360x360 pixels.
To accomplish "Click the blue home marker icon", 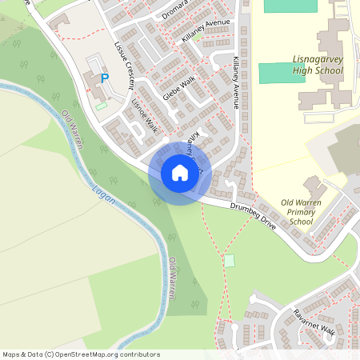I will [x=179, y=173].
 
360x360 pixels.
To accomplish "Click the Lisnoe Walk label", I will [x=145, y=117].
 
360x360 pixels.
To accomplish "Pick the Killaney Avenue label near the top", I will [x=206, y=33].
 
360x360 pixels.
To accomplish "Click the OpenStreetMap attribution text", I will [x=81, y=354].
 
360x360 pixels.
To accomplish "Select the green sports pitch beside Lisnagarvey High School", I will [x=282, y=73].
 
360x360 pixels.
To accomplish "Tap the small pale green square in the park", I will [x=230, y=261].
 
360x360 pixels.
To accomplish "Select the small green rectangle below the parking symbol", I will [x=101, y=106].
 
